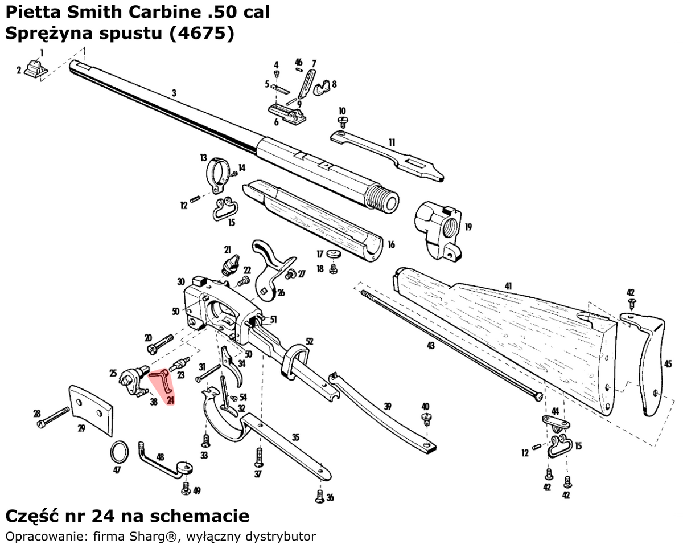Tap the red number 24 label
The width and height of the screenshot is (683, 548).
(x=170, y=401)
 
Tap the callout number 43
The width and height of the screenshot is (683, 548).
(x=430, y=346)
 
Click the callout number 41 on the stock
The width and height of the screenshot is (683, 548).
(x=508, y=285)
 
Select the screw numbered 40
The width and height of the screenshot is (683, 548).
(x=425, y=419)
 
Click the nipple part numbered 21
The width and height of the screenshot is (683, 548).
(x=230, y=265)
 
